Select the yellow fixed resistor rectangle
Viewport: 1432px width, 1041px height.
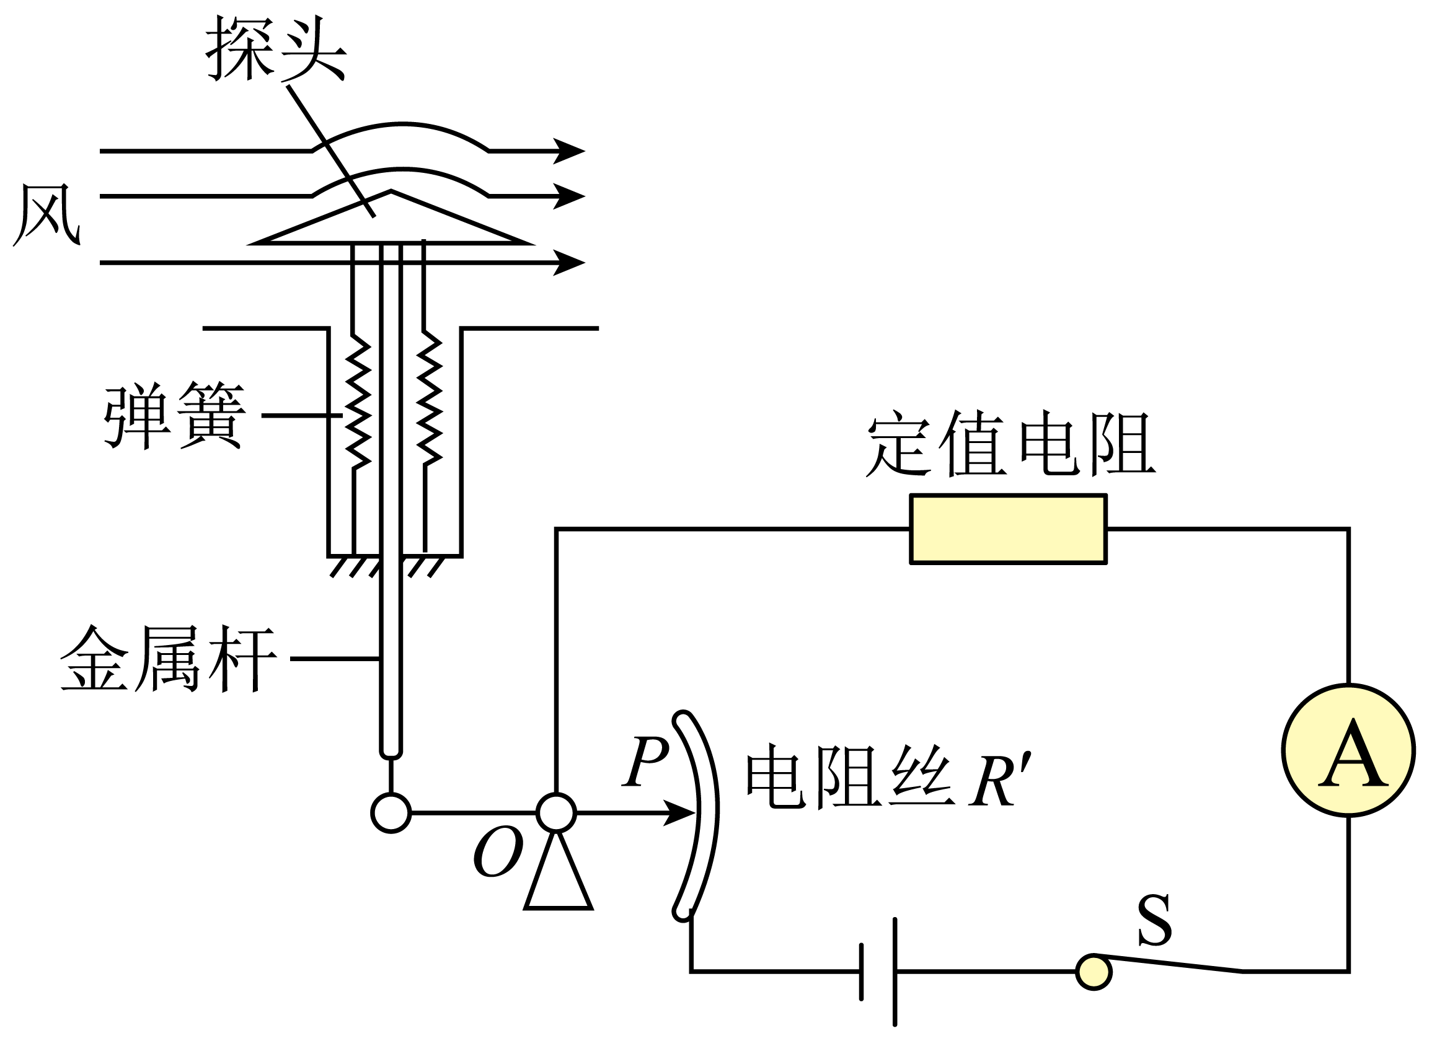tap(1008, 529)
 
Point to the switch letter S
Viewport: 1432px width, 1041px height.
tap(1154, 920)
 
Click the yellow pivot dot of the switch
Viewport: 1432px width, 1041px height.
tap(1094, 972)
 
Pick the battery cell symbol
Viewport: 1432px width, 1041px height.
tap(878, 972)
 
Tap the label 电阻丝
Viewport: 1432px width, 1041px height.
tap(849, 776)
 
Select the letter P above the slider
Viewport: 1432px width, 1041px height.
tap(645, 761)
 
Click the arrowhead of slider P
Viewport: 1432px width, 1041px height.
tap(680, 813)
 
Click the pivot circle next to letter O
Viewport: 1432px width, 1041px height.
tap(556, 813)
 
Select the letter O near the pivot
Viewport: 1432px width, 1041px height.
tap(499, 852)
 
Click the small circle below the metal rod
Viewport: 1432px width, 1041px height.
tap(391, 813)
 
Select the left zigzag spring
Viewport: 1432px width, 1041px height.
tap(358, 401)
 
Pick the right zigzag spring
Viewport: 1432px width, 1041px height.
tap(429, 398)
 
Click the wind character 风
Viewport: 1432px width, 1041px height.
tap(46, 214)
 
